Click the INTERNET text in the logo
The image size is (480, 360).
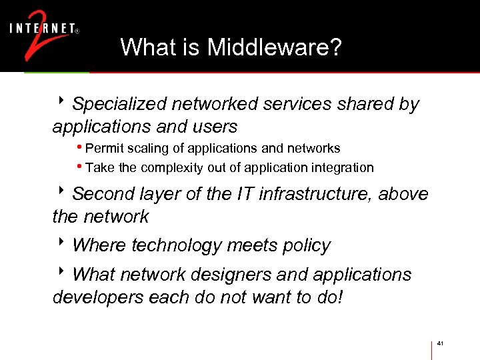(41, 29)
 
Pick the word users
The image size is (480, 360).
(214, 126)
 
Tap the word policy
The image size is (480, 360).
(306, 245)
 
